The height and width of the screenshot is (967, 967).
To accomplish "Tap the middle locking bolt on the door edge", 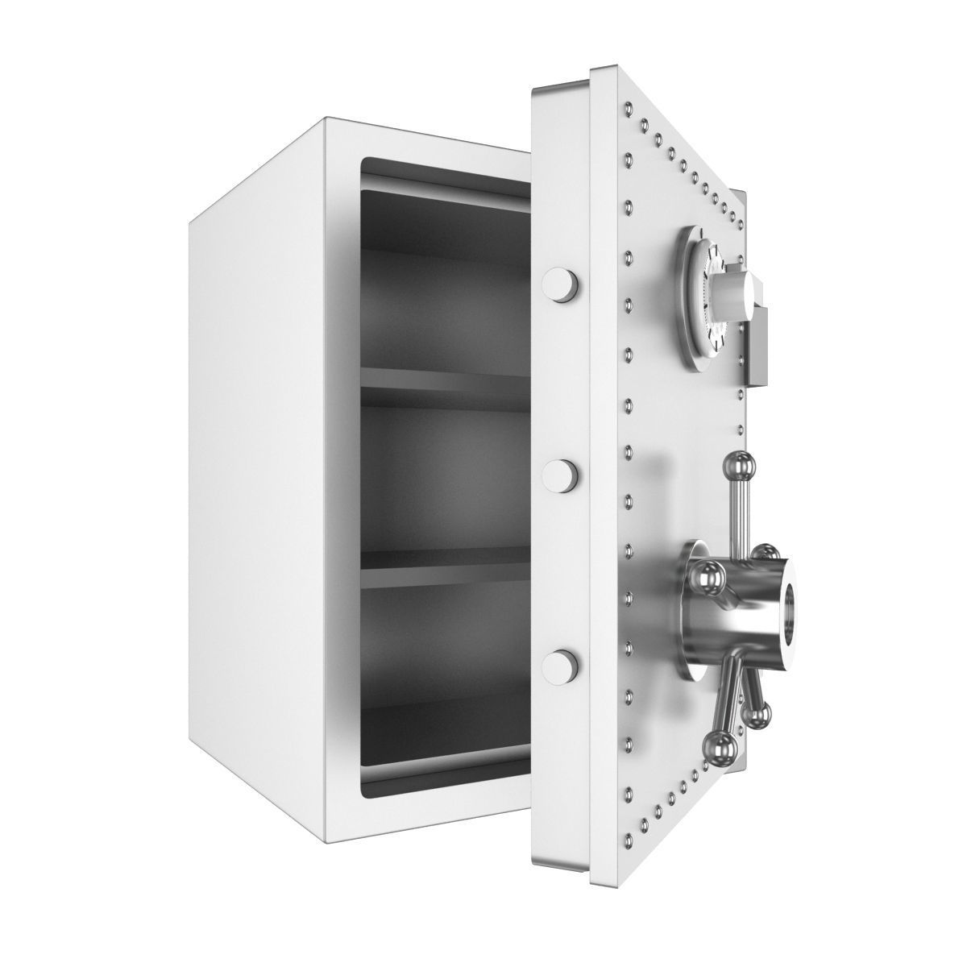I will (x=562, y=475).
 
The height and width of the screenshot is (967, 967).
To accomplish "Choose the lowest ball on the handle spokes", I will (x=720, y=745).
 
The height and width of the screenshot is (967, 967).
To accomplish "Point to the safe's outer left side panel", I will (x=258, y=451).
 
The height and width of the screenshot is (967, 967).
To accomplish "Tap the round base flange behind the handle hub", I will (x=685, y=612).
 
